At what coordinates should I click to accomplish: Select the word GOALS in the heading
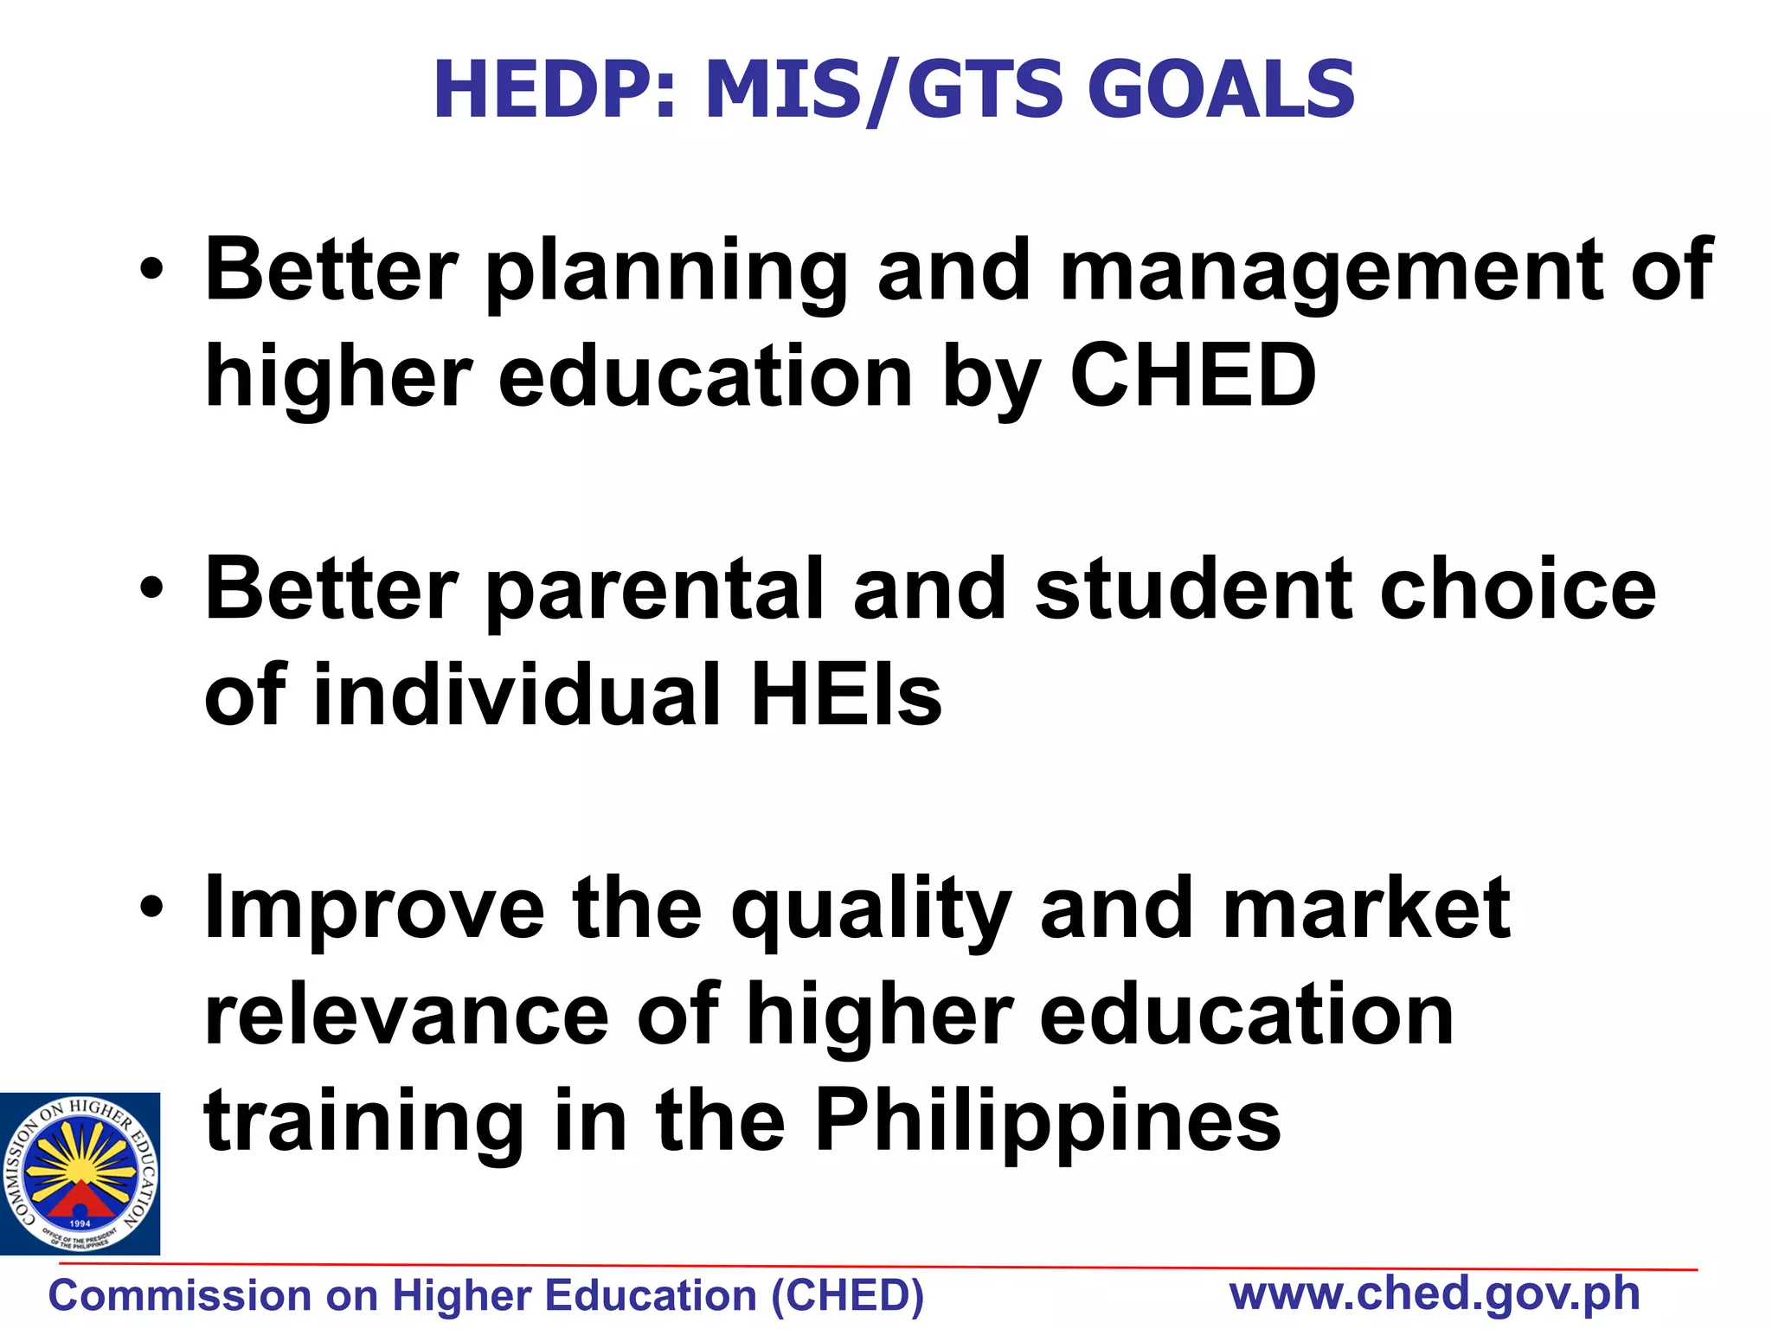point(1221,90)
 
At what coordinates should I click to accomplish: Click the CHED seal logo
point(80,1173)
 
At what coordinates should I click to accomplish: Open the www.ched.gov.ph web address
point(1435,1294)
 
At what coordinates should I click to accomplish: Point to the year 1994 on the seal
point(80,1223)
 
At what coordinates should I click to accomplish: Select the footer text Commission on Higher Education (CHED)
point(486,1296)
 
